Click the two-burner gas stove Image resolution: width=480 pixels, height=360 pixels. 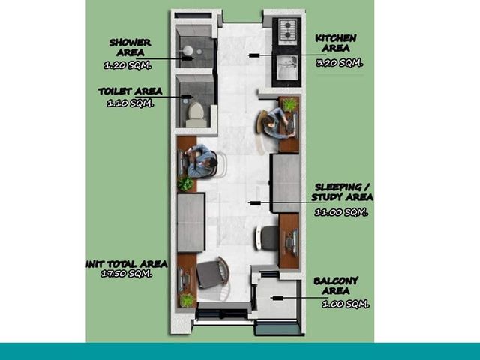(287, 31)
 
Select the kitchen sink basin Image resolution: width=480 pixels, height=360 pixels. (287, 68)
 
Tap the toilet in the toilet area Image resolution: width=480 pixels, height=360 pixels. (196, 115)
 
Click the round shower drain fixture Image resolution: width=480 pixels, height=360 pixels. (188, 51)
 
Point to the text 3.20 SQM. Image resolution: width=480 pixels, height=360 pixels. (339, 63)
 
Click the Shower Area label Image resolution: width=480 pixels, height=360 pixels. (130, 47)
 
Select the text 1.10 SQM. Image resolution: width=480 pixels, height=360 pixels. (130, 103)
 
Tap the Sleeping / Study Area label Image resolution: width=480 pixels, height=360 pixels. (342, 193)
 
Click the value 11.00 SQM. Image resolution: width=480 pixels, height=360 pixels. (341, 212)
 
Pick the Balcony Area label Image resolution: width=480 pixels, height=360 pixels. (336, 286)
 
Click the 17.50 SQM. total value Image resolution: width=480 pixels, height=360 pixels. (127, 273)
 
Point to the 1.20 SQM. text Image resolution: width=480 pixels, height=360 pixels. (127, 65)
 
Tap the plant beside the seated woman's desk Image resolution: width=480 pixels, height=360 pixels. (290, 104)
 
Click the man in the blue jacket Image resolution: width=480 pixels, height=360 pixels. (201, 161)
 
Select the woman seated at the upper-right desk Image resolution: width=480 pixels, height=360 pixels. (277, 123)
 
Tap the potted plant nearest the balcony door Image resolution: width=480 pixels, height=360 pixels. (187, 300)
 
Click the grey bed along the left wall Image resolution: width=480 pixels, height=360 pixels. (191, 223)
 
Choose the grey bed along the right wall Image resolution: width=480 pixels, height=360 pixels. (285, 183)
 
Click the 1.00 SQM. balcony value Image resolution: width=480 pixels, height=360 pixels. (346, 304)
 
